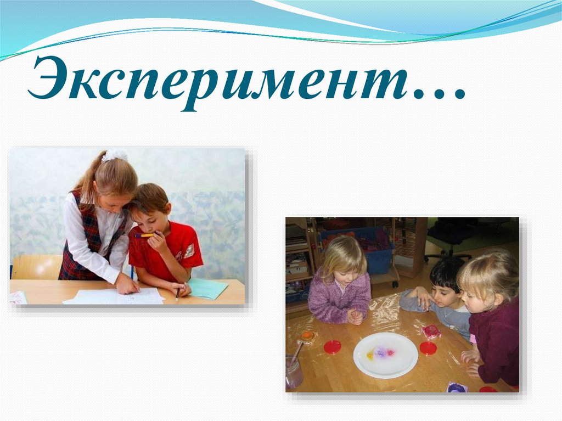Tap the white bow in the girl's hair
[115, 155]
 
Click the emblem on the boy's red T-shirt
[188, 250]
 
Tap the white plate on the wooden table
[385, 355]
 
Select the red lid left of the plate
[332, 346]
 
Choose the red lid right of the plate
[428, 347]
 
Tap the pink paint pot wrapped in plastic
[431, 332]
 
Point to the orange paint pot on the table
[307, 336]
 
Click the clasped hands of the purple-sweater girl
[355, 316]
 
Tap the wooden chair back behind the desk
[36, 267]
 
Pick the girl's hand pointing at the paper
[127, 284]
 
